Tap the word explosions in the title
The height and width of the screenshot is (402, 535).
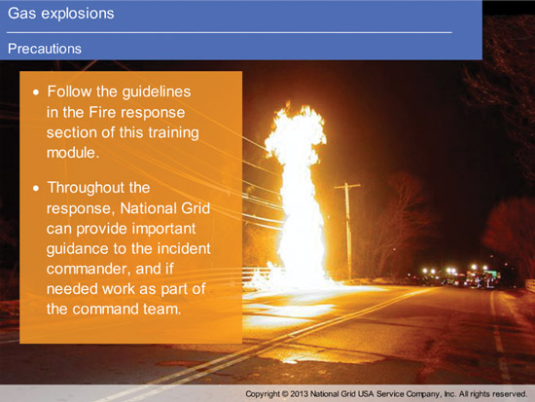point(76,14)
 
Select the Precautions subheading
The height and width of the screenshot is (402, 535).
point(45,49)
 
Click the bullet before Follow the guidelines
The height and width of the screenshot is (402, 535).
point(36,92)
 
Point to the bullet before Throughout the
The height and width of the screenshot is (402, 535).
point(36,188)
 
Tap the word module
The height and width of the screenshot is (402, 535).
point(73,153)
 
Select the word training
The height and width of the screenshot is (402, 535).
point(173,132)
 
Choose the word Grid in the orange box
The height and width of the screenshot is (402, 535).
point(196,208)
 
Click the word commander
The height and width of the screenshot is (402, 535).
point(89,270)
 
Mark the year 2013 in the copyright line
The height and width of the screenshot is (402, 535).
point(299,394)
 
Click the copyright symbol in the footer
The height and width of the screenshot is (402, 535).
point(285,394)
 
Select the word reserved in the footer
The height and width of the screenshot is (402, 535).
point(511,394)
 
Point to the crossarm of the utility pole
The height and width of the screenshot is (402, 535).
point(347,187)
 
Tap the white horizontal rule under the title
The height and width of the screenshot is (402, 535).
point(229,33)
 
